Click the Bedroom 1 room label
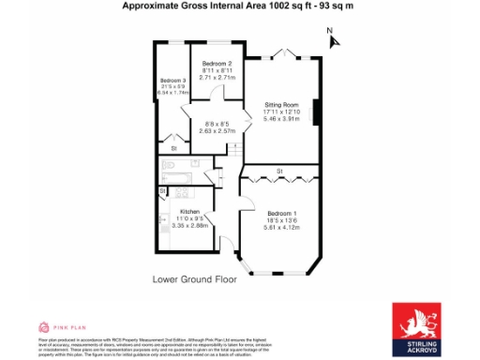(281, 212)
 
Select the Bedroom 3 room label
(173, 81)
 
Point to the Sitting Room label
(281, 104)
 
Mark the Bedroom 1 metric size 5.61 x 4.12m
(281, 227)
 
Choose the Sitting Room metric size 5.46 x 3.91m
(281, 119)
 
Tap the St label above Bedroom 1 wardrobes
(279, 170)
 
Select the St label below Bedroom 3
(173, 147)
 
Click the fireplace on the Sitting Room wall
(317, 112)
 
